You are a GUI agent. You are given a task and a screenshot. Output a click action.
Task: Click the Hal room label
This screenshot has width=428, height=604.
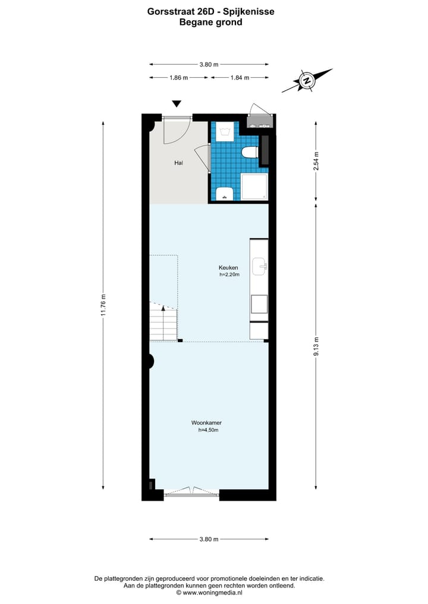tap(178, 163)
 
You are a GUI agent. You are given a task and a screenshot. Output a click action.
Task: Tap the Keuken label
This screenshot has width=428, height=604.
tap(228, 267)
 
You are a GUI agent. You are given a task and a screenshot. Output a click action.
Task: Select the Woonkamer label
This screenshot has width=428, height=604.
tap(207, 423)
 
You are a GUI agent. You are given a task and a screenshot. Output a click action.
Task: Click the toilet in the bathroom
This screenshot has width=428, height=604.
tap(250, 153)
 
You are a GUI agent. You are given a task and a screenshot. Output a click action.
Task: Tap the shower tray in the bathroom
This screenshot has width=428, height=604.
tap(254, 186)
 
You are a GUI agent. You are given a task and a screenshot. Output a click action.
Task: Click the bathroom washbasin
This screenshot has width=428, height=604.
tap(224, 194)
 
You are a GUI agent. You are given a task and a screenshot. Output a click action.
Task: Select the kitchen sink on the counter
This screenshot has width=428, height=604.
tap(259, 266)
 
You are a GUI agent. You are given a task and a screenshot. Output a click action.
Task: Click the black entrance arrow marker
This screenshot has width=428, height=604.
tap(177, 103)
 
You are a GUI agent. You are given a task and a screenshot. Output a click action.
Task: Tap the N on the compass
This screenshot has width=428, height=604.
tap(307, 81)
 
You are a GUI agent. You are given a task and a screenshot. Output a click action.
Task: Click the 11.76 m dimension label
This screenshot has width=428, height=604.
tap(103, 305)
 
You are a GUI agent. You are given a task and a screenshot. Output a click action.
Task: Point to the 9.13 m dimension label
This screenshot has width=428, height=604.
tap(316, 347)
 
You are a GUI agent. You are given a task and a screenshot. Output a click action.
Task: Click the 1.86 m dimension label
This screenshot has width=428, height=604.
tap(179, 77)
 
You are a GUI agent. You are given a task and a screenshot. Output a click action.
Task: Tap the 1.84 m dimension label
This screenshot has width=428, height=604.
tap(240, 77)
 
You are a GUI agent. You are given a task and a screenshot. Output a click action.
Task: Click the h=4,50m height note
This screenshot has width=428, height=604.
tap(208, 430)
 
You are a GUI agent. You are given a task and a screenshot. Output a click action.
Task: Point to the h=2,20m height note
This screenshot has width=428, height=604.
tap(229, 274)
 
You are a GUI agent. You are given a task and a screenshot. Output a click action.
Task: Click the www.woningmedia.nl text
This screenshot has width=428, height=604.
tap(212, 593)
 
